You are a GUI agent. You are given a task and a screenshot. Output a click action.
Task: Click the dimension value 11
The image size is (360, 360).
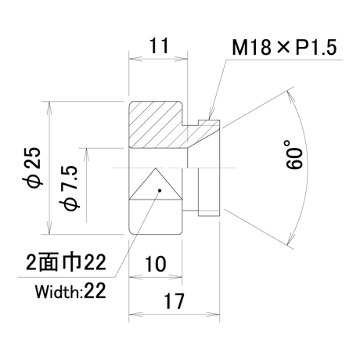(159, 46)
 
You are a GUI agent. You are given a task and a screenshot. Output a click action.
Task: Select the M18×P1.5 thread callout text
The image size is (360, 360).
(284, 48)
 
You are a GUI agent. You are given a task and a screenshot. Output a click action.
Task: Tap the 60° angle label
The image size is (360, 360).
(294, 155)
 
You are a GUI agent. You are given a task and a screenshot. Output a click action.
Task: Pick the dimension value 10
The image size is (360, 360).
(156, 264)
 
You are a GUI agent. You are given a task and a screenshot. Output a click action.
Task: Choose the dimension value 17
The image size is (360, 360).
(174, 301)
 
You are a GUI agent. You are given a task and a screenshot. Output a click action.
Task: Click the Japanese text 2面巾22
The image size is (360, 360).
(67, 262)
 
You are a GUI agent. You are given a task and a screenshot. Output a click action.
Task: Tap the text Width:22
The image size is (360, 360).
(70, 291)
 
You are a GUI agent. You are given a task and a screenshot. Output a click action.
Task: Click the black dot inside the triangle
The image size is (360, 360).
(160, 190)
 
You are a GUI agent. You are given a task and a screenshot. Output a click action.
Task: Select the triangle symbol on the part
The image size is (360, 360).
(156, 184)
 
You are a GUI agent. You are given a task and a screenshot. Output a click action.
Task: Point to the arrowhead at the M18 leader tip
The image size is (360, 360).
(211, 115)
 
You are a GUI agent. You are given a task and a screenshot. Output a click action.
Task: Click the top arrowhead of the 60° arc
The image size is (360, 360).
(290, 95)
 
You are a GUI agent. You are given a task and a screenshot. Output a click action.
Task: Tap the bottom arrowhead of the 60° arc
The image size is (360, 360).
(290, 240)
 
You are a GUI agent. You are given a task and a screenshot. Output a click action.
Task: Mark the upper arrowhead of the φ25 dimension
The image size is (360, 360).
(49, 107)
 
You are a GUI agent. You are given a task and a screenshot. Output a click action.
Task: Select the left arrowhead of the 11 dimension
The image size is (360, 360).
(135, 59)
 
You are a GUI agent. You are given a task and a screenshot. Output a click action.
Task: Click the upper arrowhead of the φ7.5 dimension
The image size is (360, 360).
(86, 154)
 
